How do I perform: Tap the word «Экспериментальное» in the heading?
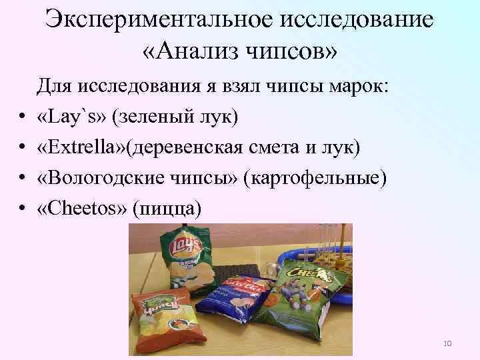[159, 18]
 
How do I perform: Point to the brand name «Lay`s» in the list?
[73, 117]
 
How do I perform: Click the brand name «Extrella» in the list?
[85, 147]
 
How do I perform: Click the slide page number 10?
[447, 343]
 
